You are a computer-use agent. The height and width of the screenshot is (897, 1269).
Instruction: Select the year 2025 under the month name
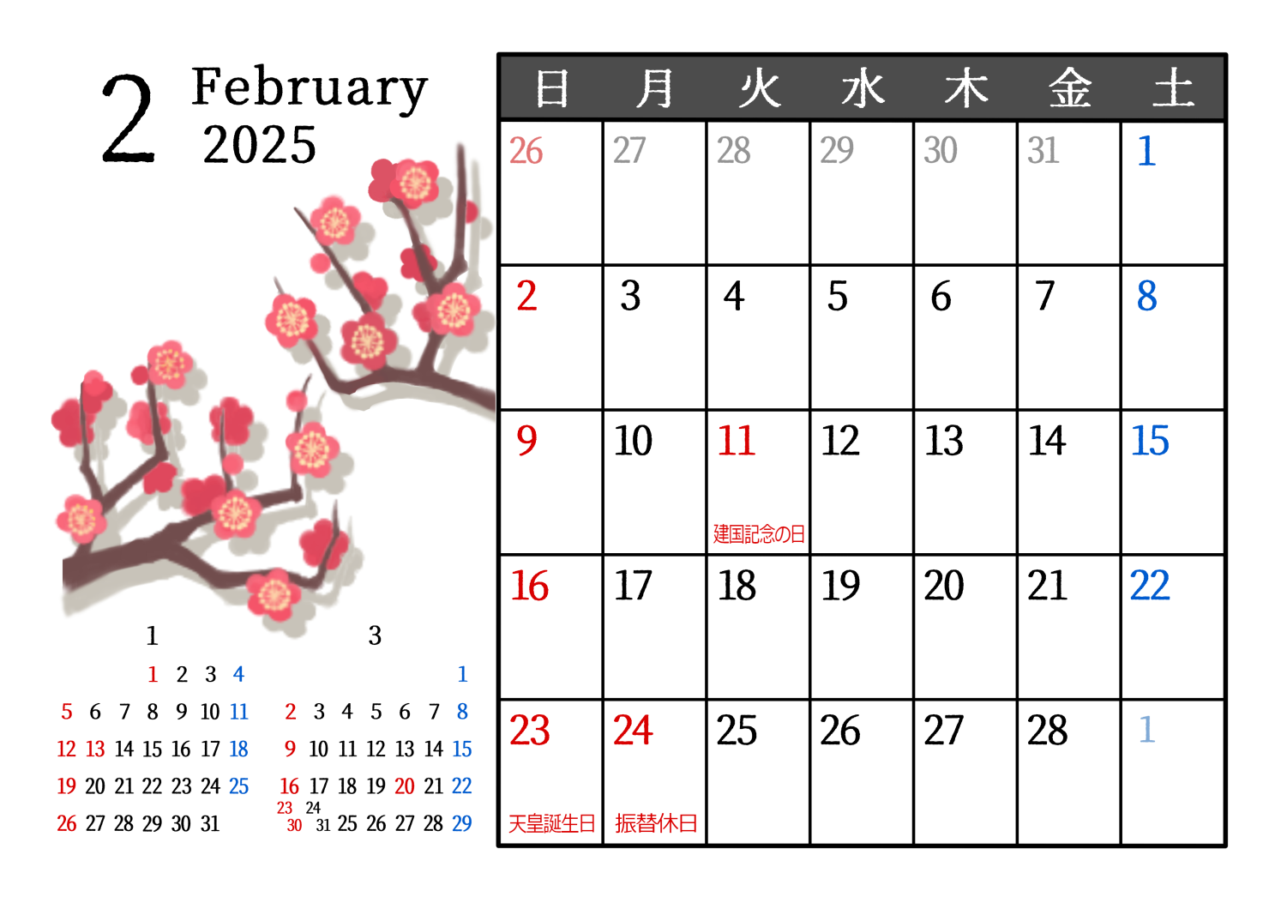[260, 145]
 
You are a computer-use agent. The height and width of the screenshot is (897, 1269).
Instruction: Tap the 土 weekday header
[1173, 87]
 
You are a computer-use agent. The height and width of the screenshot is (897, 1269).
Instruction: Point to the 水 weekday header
[863, 88]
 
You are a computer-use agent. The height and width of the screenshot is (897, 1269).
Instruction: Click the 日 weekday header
[552, 88]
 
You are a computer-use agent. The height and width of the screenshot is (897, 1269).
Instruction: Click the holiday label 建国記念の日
[759, 533]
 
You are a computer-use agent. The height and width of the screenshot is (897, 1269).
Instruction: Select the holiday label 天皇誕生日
[552, 823]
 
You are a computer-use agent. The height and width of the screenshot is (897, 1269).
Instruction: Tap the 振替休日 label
[656, 823]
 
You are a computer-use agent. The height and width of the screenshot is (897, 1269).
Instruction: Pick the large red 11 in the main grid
[736, 441]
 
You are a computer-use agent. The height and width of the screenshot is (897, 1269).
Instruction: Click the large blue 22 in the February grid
[1150, 586]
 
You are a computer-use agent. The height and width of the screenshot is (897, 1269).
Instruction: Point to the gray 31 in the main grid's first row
[1043, 151]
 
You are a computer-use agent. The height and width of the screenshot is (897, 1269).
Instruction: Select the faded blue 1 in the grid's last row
[1146, 730]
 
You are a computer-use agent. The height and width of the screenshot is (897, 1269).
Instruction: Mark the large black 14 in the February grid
[1047, 441]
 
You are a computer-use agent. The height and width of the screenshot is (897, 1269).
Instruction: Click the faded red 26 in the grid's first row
[526, 151]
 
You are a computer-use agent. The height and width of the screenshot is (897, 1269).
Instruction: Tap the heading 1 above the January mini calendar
[152, 635]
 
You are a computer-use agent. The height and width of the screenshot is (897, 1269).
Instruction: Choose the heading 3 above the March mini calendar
[375, 635]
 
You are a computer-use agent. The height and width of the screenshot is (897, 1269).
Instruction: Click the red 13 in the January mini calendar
[95, 750]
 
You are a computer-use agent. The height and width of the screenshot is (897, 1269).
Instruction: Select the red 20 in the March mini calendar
[405, 786]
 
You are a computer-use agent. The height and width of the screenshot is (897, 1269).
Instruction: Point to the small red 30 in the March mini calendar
[294, 826]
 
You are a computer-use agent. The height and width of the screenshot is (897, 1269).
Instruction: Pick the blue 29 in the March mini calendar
[461, 823]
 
